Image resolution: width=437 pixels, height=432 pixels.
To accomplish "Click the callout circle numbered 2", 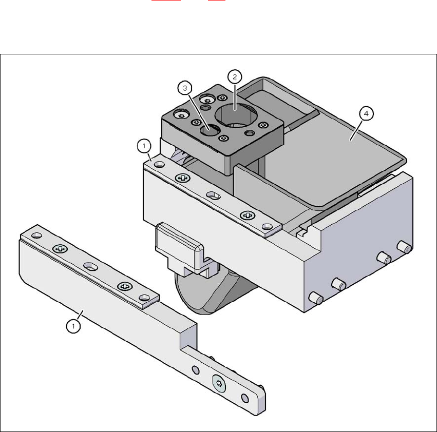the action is (x=235, y=77).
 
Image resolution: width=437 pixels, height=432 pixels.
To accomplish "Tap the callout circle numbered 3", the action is (x=185, y=88).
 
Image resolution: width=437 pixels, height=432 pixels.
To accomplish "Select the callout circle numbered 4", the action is (x=366, y=113).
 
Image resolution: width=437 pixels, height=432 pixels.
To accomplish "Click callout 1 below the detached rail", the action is (x=73, y=326).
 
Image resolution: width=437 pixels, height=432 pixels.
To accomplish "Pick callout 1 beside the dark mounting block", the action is (x=144, y=146).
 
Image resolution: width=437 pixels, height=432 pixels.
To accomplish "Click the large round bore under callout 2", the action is (x=236, y=115).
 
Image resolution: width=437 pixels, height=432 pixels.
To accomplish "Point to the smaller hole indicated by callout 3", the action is (x=210, y=130).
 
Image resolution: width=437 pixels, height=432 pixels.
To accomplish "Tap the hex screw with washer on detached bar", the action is (x=219, y=384).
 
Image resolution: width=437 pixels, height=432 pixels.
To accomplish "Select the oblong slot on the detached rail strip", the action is (x=90, y=267).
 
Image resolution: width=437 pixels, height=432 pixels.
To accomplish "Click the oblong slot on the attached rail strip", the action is (x=214, y=196).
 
